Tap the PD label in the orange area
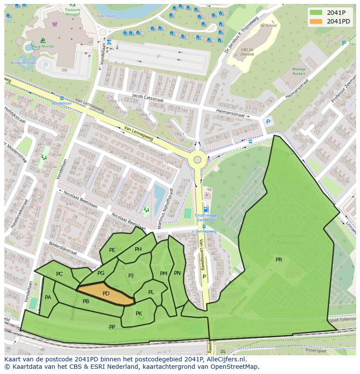(106, 294)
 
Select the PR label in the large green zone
(279, 260)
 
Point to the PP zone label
(112, 327)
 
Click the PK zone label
(139, 313)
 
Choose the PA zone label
(48, 298)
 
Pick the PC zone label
(60, 274)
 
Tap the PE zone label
(112, 250)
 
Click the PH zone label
(138, 249)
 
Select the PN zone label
(177, 273)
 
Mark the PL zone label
(151, 292)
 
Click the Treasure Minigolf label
(72, 11)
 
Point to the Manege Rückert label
(298, 71)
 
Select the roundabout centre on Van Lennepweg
(197, 159)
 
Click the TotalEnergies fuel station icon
(206, 209)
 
